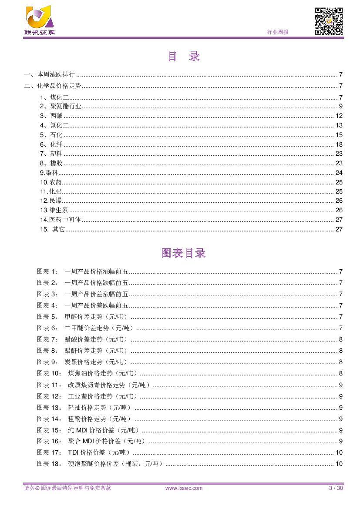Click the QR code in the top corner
click(x=329, y=21)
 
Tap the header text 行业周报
click(x=277, y=32)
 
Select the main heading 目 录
click(x=183, y=57)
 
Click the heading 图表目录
click(x=183, y=253)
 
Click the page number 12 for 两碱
click(x=339, y=116)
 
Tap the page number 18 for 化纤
click(x=339, y=144)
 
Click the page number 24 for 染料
click(x=339, y=173)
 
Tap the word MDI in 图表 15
click(x=82, y=430)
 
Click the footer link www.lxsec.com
click(x=184, y=488)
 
